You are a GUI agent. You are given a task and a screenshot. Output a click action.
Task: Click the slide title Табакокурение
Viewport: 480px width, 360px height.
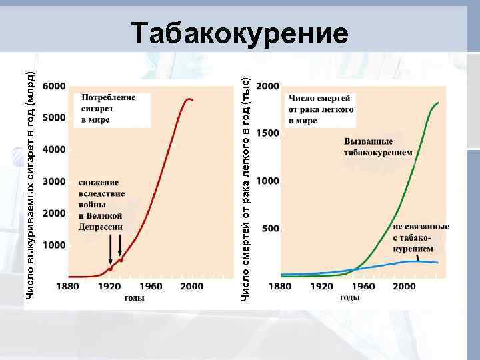click(x=239, y=33)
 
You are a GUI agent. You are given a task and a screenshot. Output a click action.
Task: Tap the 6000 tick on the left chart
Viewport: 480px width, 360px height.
click(x=54, y=86)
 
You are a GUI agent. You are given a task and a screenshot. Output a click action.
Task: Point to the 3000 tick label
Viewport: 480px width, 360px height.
click(x=54, y=181)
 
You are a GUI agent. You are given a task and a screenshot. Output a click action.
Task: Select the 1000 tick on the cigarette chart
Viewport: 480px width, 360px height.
click(x=54, y=245)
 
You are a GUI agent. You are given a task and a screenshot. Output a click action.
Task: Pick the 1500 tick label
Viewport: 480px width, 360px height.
click(x=268, y=133)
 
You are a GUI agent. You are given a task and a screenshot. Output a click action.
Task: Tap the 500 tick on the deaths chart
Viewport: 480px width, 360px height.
click(x=270, y=229)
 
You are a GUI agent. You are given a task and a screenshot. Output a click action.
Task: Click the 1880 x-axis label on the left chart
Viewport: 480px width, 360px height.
click(x=67, y=287)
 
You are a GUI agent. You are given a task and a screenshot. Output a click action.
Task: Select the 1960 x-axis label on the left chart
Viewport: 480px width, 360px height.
click(x=151, y=287)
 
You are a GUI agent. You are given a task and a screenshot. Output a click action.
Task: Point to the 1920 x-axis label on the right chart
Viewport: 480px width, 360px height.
click(x=321, y=287)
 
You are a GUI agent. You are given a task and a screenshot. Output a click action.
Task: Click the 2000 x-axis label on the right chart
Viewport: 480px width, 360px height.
click(x=404, y=287)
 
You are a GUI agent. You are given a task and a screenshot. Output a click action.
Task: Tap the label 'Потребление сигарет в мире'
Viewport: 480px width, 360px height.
click(x=109, y=108)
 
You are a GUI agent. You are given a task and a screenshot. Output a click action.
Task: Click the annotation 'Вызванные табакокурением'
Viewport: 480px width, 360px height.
click(x=378, y=147)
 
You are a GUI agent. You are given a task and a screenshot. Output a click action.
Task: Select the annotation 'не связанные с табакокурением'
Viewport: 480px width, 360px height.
click(x=421, y=237)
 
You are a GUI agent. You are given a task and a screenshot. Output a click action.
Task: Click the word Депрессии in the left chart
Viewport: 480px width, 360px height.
click(x=100, y=227)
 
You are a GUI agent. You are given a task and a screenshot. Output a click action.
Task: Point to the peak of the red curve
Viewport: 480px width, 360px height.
click(x=189, y=99)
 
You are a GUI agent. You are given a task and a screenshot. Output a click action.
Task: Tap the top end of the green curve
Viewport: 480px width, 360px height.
click(x=438, y=103)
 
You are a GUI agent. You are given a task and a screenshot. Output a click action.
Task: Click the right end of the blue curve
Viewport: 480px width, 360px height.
click(x=437, y=263)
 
